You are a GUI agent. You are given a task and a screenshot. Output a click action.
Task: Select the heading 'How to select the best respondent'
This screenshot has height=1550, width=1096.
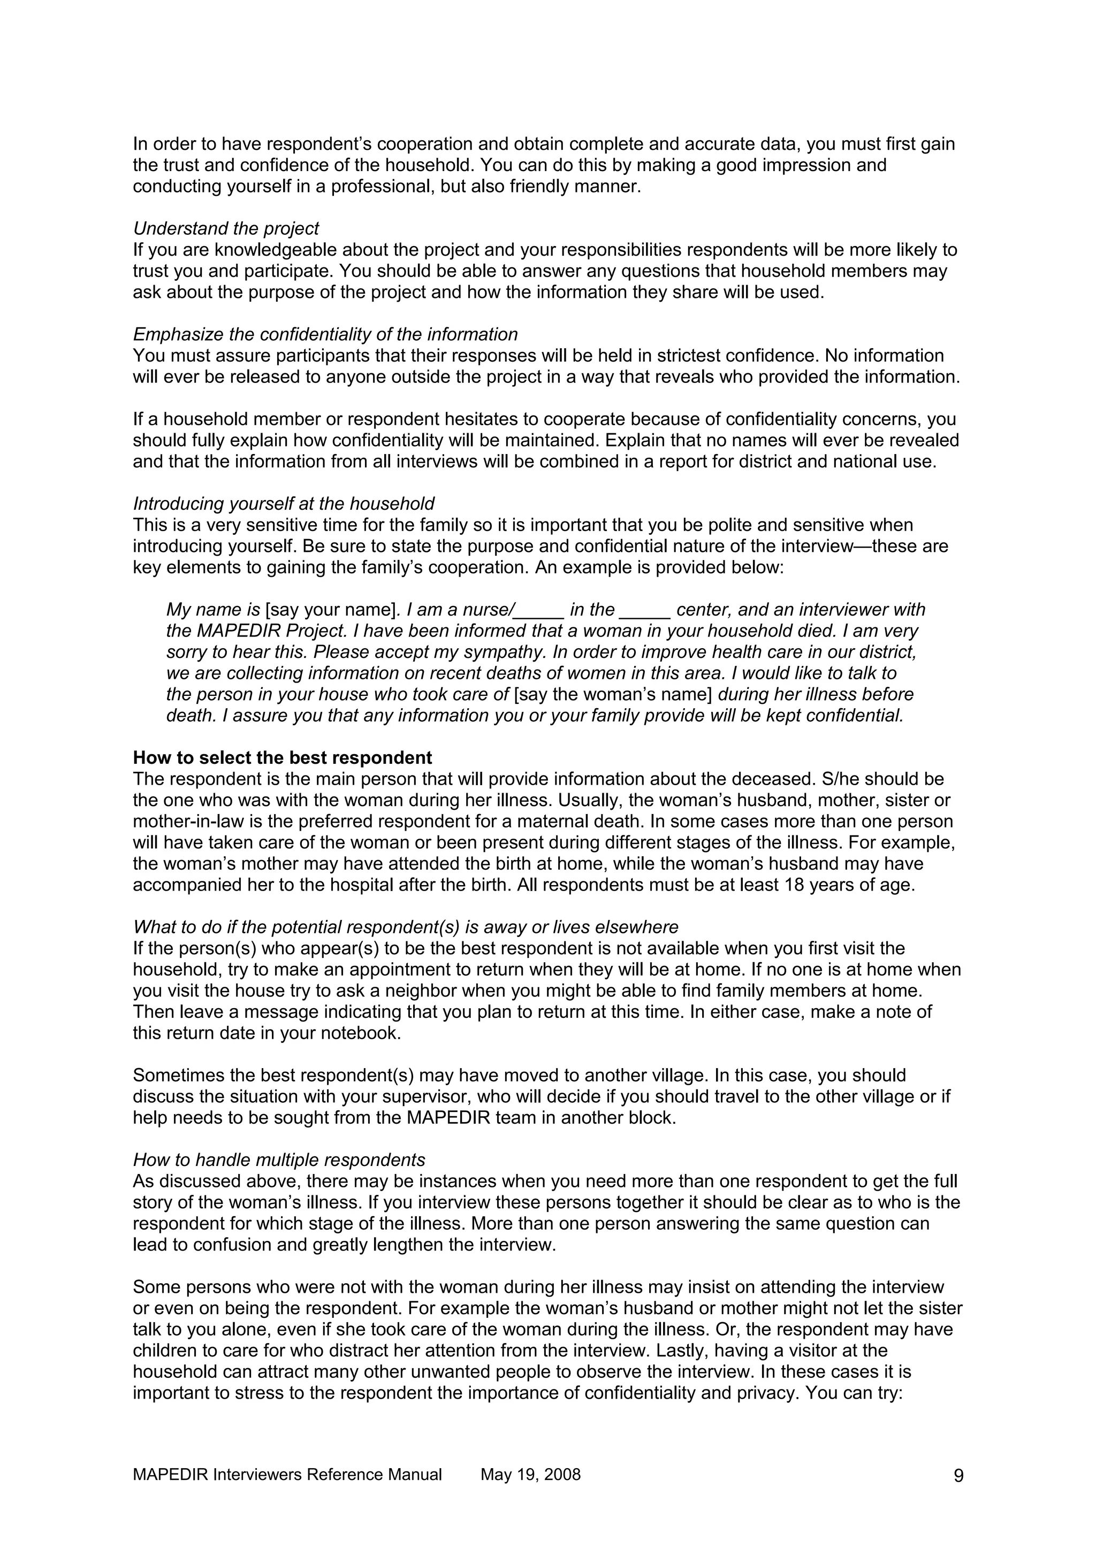point(282,757)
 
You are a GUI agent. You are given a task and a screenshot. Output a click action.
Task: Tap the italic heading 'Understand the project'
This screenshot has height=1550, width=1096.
point(225,228)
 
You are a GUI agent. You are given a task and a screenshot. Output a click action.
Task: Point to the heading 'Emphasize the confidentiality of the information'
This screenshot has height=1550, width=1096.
point(325,334)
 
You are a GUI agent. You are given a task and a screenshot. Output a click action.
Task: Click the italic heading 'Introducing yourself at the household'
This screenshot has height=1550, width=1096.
point(284,504)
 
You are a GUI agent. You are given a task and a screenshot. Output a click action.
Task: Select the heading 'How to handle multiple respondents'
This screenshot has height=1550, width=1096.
point(279,1160)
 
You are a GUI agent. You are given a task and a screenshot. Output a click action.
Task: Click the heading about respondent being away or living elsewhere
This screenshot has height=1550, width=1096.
point(405,927)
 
